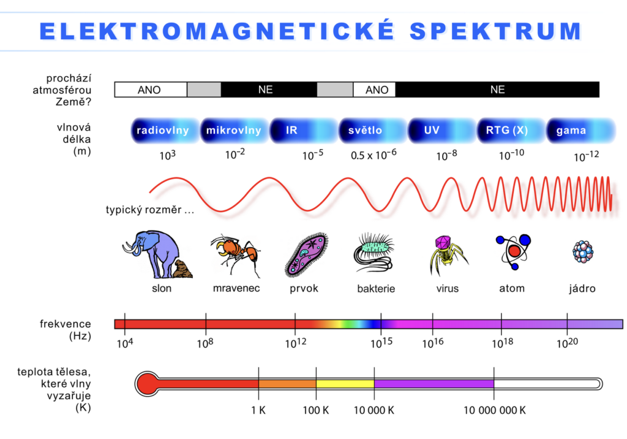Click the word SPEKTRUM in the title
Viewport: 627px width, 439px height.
(x=495, y=31)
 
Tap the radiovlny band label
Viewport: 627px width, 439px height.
(x=163, y=130)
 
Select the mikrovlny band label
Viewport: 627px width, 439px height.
(x=233, y=130)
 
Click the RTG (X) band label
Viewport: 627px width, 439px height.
(x=506, y=130)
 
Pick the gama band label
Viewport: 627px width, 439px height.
(x=571, y=131)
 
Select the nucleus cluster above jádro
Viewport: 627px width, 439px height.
(x=583, y=251)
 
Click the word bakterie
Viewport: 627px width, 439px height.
(x=376, y=289)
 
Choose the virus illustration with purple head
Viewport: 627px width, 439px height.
(x=447, y=254)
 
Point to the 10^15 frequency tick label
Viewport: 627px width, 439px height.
(x=381, y=343)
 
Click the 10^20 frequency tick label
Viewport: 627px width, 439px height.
(x=568, y=343)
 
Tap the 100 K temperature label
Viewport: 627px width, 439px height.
(x=316, y=410)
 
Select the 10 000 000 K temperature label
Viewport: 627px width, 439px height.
(x=495, y=410)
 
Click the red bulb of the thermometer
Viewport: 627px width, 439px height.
(x=147, y=384)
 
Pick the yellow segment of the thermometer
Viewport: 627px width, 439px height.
(x=345, y=384)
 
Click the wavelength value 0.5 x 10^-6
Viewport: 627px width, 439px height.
(x=374, y=155)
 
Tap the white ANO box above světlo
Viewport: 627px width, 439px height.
(x=374, y=90)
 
